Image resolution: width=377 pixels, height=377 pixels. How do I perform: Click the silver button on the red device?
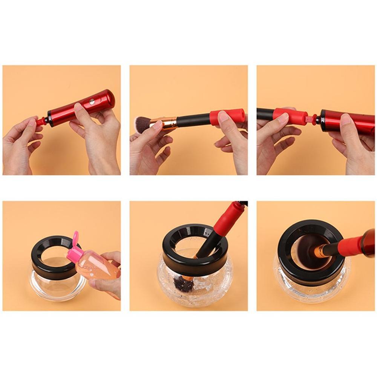[91, 102]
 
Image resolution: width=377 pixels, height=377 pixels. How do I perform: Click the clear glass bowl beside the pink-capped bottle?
[55, 285]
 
